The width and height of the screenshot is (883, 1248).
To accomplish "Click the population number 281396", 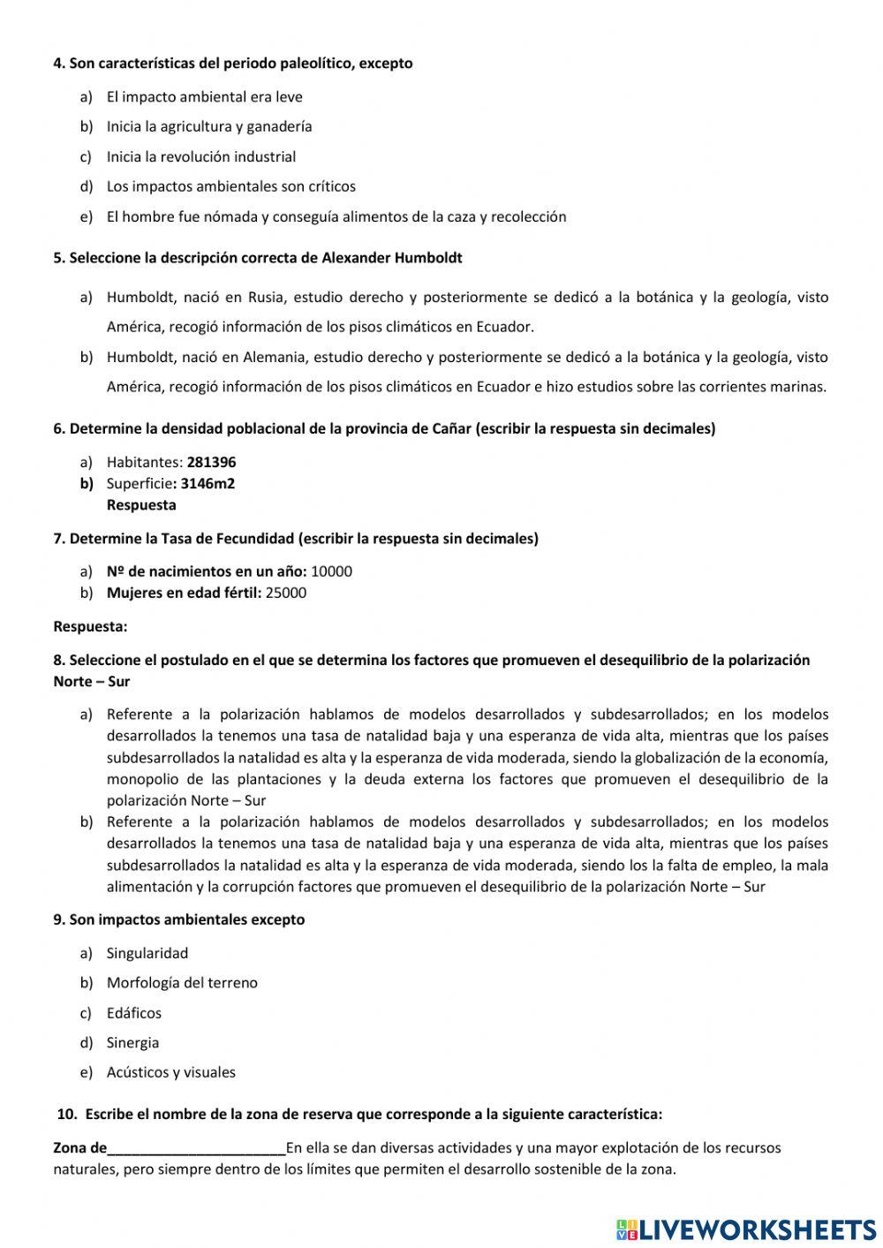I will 211,462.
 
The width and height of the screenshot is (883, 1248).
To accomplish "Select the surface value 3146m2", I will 208,483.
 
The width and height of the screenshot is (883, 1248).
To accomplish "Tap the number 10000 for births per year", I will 331,571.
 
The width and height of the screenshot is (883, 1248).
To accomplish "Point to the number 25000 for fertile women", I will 285,593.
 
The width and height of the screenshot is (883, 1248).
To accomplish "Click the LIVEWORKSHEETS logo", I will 746,1229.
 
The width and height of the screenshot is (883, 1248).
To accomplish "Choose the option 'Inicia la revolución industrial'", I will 200,156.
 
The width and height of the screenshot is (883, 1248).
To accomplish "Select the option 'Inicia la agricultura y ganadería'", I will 208,126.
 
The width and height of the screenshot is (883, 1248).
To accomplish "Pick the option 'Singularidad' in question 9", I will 147,953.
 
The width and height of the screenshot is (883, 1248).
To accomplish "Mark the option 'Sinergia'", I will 132,1042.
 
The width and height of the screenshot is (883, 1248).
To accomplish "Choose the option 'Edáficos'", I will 133,1013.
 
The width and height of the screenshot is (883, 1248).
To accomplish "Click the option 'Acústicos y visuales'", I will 170,1072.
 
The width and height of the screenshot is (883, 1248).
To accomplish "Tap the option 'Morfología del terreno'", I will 182,982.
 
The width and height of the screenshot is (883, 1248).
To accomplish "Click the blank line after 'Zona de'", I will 196,1148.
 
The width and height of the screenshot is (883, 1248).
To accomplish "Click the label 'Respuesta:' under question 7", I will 90,626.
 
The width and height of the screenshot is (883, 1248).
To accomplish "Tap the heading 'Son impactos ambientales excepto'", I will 186,919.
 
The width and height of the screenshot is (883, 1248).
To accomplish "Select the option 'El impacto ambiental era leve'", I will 204,97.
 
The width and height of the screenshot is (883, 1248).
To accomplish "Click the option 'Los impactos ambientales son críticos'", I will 230,186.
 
